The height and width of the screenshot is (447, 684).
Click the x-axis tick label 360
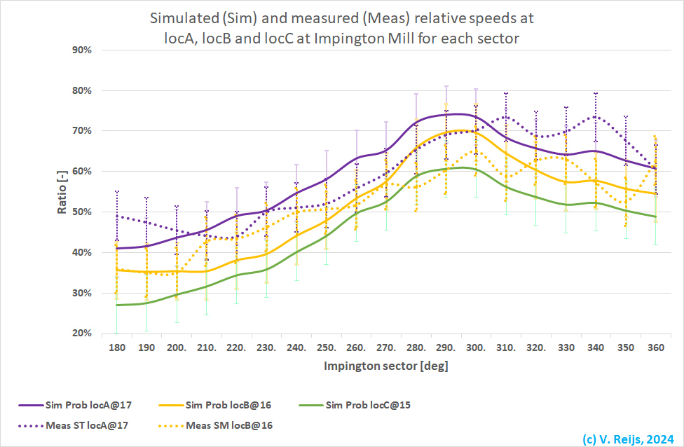pos(655,348)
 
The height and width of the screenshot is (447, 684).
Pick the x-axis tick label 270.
pos(386,348)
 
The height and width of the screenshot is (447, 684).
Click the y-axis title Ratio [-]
pos(62,191)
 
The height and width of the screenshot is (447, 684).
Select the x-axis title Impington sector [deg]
pos(385,366)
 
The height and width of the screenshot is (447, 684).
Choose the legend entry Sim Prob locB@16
pos(229,405)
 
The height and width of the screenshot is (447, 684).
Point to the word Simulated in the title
pos(175,17)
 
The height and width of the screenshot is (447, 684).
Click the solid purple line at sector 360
pos(655,169)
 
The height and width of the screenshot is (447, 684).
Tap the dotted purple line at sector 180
pos(117,216)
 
